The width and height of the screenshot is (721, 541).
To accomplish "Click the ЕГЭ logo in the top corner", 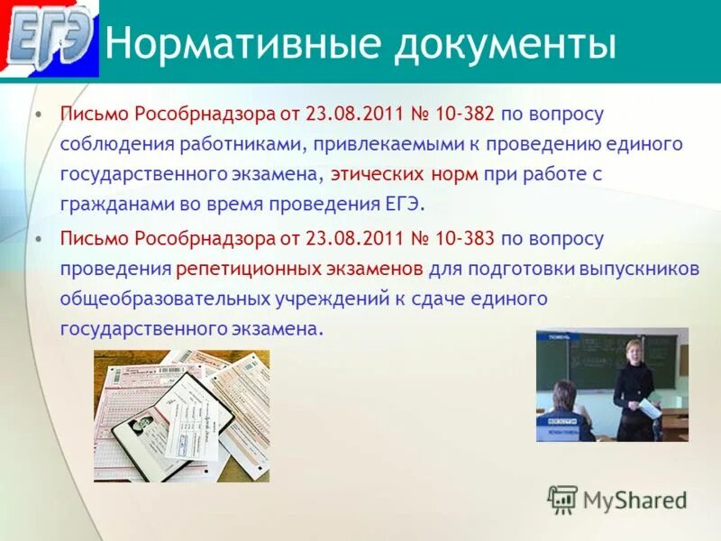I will click(x=50, y=40).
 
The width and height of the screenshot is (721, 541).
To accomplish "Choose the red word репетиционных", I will click(x=250, y=269).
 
